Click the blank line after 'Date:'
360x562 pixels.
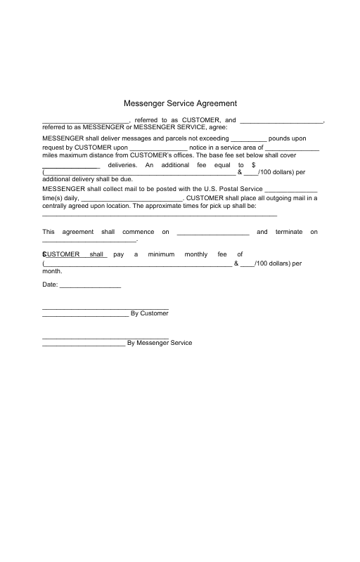(91, 287)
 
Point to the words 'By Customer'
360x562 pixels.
(150, 313)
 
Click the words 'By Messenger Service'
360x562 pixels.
(159, 343)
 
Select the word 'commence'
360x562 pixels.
(139, 232)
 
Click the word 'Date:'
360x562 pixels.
(50, 285)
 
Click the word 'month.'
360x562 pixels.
(52, 270)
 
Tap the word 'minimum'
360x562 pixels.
(161, 254)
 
